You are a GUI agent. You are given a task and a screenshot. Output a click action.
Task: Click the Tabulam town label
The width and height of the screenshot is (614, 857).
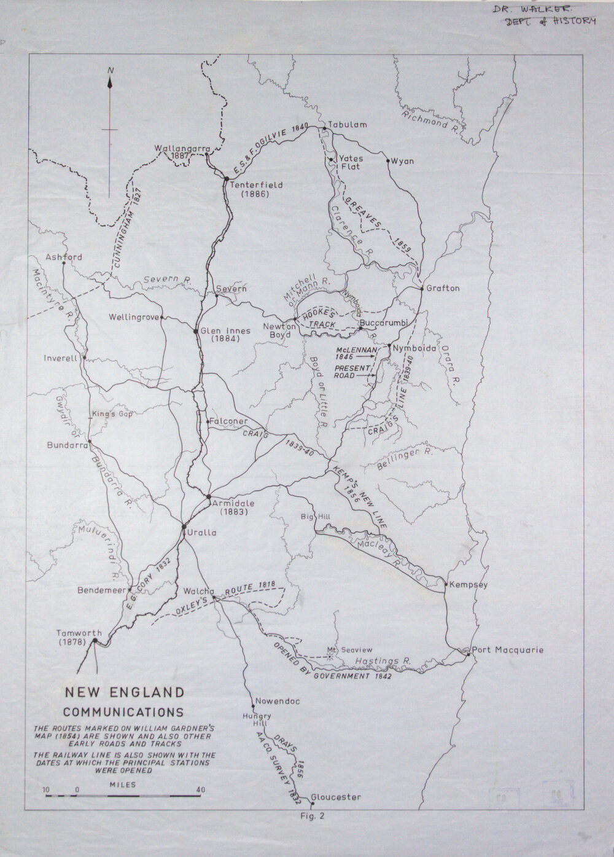click(x=348, y=125)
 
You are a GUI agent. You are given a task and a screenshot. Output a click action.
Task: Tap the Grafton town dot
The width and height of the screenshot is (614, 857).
click(x=421, y=288)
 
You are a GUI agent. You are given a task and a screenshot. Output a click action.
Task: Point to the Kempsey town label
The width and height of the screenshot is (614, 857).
click(x=468, y=584)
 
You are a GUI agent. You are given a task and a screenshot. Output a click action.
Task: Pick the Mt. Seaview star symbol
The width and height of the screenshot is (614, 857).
click(x=330, y=656)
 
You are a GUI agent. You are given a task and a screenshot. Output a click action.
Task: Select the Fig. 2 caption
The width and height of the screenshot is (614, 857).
click(x=308, y=816)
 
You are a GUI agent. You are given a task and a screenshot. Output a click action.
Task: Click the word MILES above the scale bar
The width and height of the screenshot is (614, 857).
click(x=123, y=785)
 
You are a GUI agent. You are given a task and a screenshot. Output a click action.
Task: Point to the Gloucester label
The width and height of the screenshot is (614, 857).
click(x=335, y=797)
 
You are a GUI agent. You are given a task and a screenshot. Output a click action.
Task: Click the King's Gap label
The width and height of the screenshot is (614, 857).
click(x=112, y=414)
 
